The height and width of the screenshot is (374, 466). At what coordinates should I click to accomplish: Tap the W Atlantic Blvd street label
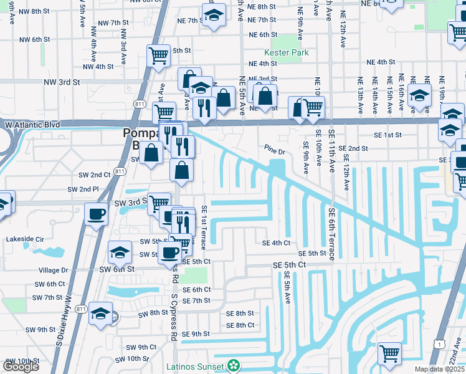point(32,125)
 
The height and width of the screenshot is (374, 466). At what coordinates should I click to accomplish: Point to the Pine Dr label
point(274,151)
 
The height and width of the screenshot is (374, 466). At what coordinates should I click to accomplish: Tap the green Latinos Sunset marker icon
point(234,364)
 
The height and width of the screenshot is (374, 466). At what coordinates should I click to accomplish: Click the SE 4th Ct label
point(277,242)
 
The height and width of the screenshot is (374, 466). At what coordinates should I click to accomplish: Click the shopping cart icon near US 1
point(389,353)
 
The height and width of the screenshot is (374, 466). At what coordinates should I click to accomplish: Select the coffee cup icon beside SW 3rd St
point(97,214)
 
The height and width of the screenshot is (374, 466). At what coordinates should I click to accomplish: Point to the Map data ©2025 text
point(438,369)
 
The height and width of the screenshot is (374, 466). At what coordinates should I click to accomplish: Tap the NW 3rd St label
point(62,82)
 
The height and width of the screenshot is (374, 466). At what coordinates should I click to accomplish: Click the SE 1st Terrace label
point(204,230)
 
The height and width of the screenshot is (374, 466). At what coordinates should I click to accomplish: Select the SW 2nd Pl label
point(83,189)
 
